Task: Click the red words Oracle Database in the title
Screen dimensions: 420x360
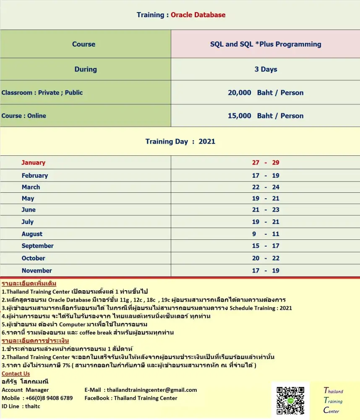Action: point(198,15)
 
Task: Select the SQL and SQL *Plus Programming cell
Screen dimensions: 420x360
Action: point(266,44)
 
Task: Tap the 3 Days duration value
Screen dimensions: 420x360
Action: point(266,69)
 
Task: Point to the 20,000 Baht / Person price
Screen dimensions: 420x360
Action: point(266,93)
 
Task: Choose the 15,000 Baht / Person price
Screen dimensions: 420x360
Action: point(266,116)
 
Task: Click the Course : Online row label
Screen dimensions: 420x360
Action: point(24,116)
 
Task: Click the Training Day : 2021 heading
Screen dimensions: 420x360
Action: point(180,142)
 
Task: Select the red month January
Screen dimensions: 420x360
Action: point(34,163)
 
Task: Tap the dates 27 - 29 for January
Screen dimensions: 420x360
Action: point(266,163)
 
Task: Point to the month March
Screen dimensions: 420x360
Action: point(31,187)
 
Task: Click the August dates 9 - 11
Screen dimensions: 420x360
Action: point(266,234)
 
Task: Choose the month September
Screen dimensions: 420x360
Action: point(38,246)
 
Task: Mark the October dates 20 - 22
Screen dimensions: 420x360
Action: point(266,258)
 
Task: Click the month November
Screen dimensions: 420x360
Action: point(37,271)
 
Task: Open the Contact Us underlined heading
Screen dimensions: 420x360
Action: point(16,373)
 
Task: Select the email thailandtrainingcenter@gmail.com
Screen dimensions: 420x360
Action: point(152,390)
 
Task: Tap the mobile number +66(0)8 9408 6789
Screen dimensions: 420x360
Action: point(49,398)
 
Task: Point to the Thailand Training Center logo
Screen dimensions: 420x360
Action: point(333,401)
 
